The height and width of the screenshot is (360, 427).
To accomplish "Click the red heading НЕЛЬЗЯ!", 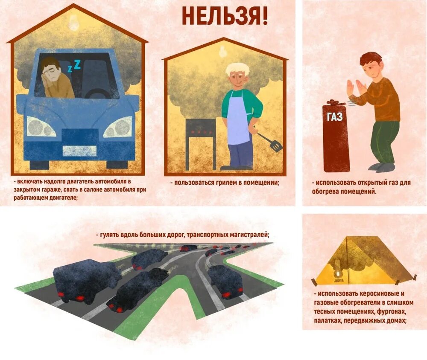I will (x=225, y=16).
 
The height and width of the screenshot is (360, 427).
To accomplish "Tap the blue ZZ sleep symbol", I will (x=74, y=66).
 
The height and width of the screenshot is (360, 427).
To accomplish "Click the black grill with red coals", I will (x=201, y=128).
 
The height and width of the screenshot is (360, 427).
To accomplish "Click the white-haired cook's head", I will (x=237, y=75).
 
